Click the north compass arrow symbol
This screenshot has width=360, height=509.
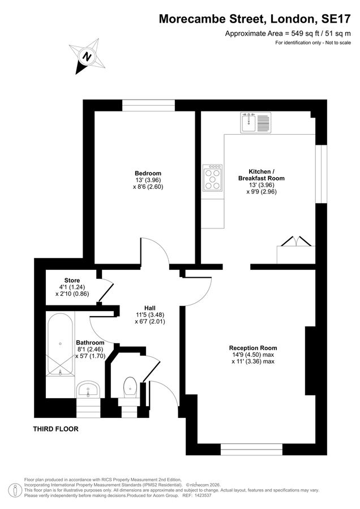pos(87,57)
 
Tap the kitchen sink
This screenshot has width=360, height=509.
pos(249,123)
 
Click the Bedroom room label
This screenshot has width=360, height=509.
pos(148,174)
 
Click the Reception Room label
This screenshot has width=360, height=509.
pos(253,348)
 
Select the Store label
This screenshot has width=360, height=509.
pos(72,281)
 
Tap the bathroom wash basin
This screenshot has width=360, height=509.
pos(88,389)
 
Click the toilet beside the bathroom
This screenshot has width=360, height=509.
pos(130,387)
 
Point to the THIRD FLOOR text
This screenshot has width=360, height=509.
pos(55,429)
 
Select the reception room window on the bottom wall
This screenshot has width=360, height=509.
pos(251,450)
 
